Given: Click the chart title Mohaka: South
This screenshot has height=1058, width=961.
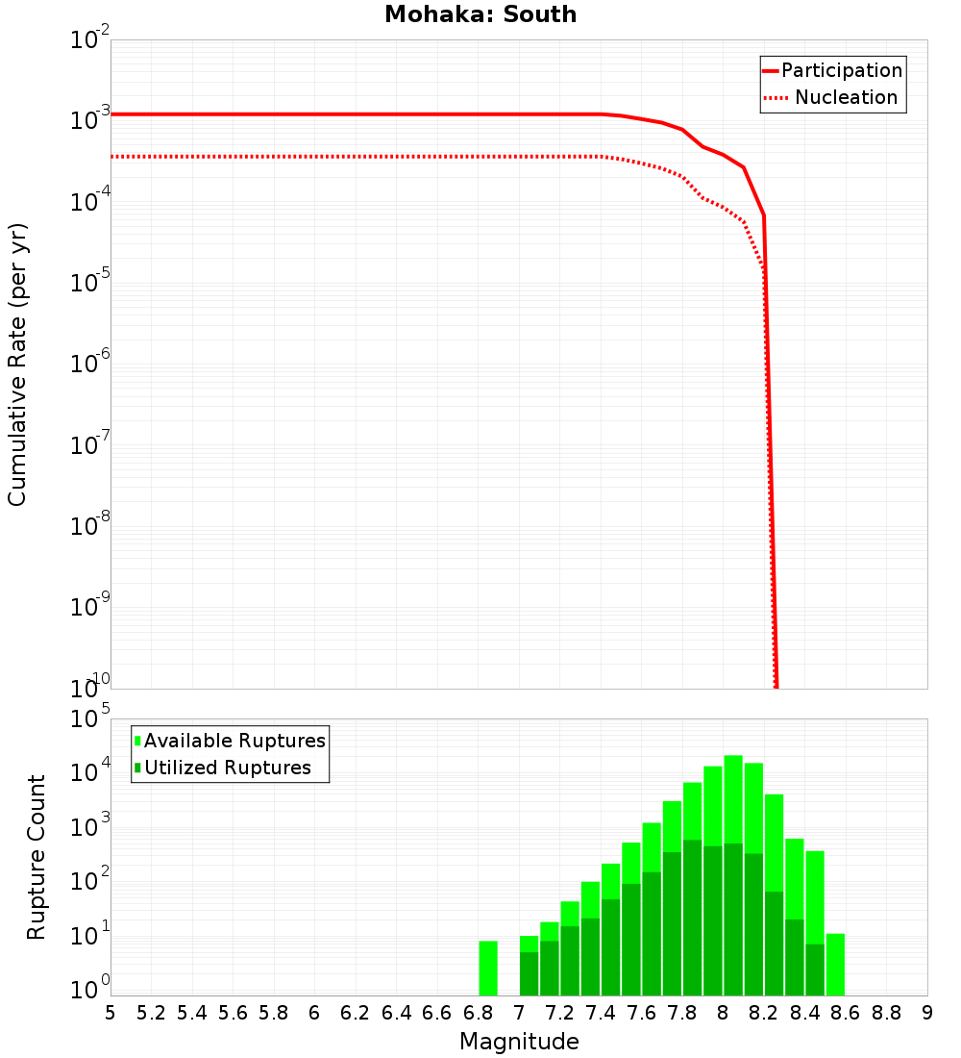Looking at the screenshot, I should tap(480, 14).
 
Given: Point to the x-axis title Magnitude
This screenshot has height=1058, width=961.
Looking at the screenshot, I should tap(519, 1042).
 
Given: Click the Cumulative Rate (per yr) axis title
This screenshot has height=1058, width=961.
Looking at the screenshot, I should tap(17, 364).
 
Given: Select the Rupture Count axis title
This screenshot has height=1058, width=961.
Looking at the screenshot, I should tap(37, 857).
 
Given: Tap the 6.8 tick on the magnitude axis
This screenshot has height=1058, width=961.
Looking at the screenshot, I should tap(478, 1013).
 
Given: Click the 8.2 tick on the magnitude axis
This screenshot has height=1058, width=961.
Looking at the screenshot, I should tap(764, 1013).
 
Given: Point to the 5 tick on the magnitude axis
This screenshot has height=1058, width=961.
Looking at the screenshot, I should tap(111, 1013).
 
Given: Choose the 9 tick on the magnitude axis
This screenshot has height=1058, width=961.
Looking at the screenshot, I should tap(927, 1013).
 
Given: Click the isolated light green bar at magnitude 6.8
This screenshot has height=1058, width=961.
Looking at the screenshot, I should tap(488, 968).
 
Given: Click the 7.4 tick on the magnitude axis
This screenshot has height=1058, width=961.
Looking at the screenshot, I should tap(601, 1013).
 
